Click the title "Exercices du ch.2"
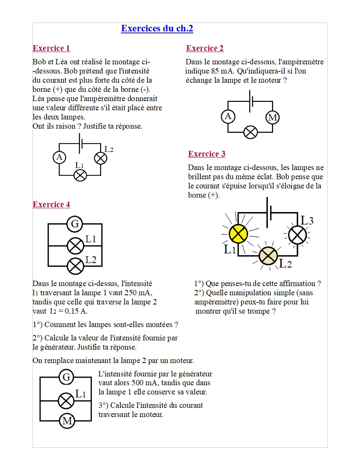click(x=157, y=29)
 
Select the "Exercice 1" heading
click(x=51, y=48)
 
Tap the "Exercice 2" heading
click(x=205, y=48)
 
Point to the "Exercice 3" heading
click(x=206, y=154)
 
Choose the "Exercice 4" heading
click(x=51, y=204)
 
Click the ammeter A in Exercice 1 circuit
click(x=59, y=157)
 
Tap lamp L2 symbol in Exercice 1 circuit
click(x=100, y=158)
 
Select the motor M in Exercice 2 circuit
click(x=273, y=117)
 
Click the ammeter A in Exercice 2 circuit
click(x=228, y=116)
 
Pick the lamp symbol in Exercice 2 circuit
click(x=251, y=132)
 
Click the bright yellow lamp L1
click(x=238, y=233)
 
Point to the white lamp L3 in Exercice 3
click(x=297, y=235)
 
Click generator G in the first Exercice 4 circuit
click(x=75, y=224)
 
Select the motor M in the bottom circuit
click(x=67, y=421)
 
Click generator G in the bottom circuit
click(x=67, y=378)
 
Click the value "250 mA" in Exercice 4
click(x=137, y=293)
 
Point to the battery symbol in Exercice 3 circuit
click(x=270, y=211)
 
